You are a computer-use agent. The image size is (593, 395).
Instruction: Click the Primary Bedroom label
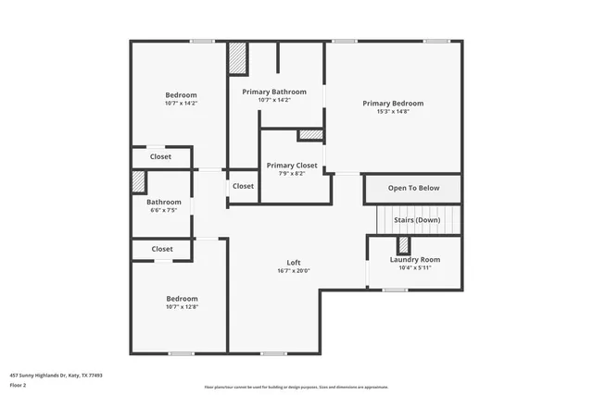point(393,104)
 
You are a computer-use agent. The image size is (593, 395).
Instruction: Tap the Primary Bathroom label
point(274,92)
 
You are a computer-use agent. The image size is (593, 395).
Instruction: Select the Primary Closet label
point(292,166)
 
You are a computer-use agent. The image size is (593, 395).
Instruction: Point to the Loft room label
point(293,263)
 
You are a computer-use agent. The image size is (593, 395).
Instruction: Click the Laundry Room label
point(414,260)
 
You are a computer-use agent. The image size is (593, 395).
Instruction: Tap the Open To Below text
point(413,188)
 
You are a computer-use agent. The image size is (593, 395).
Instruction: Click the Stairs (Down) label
point(417,220)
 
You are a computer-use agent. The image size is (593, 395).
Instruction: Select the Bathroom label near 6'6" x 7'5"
point(164,202)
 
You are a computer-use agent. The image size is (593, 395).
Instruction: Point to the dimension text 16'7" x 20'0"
point(293,271)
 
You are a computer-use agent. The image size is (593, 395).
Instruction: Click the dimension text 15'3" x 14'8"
point(393,112)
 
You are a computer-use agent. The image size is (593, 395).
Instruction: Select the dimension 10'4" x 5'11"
point(414,268)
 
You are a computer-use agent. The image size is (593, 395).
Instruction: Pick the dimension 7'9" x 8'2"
point(292,174)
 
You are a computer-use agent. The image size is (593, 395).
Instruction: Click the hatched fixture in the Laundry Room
point(403,246)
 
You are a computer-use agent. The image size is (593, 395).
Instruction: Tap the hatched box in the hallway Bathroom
point(138,181)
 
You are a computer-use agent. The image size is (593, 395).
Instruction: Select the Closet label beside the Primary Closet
point(243,186)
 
